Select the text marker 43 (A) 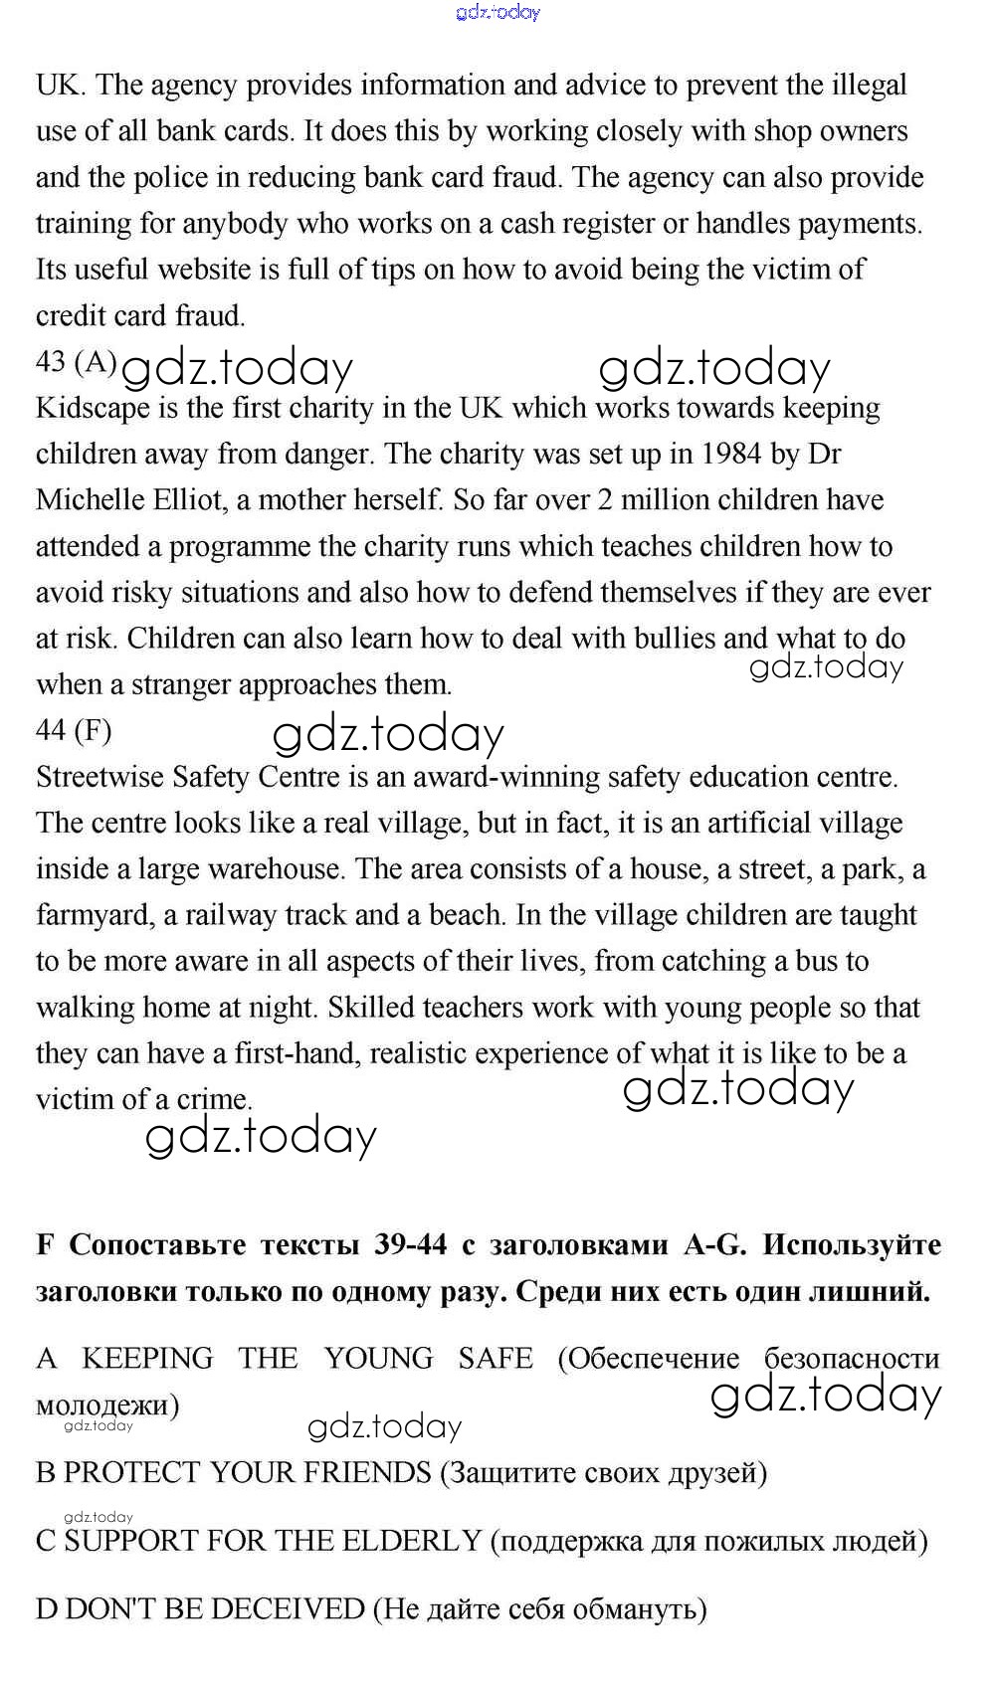(77, 362)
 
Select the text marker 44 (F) (74, 731)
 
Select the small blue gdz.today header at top (497, 13)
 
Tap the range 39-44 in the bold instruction (411, 1245)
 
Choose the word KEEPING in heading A (147, 1359)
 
